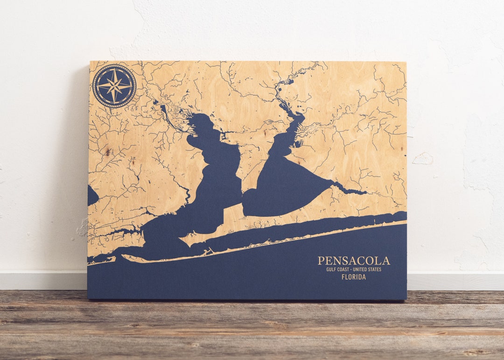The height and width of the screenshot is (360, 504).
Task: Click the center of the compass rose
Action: pos(114,86)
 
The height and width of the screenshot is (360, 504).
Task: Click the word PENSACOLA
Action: pos(354,261)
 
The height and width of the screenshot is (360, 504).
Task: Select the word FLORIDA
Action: pos(354,277)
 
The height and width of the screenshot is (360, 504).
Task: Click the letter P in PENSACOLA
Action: pos(321,261)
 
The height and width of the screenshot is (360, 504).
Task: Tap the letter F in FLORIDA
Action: pos(343,277)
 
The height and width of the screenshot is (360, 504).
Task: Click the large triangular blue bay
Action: pos(285,187)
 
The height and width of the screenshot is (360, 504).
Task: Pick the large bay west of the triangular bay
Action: pos(212,182)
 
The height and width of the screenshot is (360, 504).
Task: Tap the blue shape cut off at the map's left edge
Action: pos(92,195)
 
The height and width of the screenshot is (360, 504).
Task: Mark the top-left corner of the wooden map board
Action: pos(90,62)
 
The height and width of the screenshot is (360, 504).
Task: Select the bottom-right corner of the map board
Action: pos(406,299)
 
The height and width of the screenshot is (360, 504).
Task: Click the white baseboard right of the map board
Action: pos(455,281)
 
